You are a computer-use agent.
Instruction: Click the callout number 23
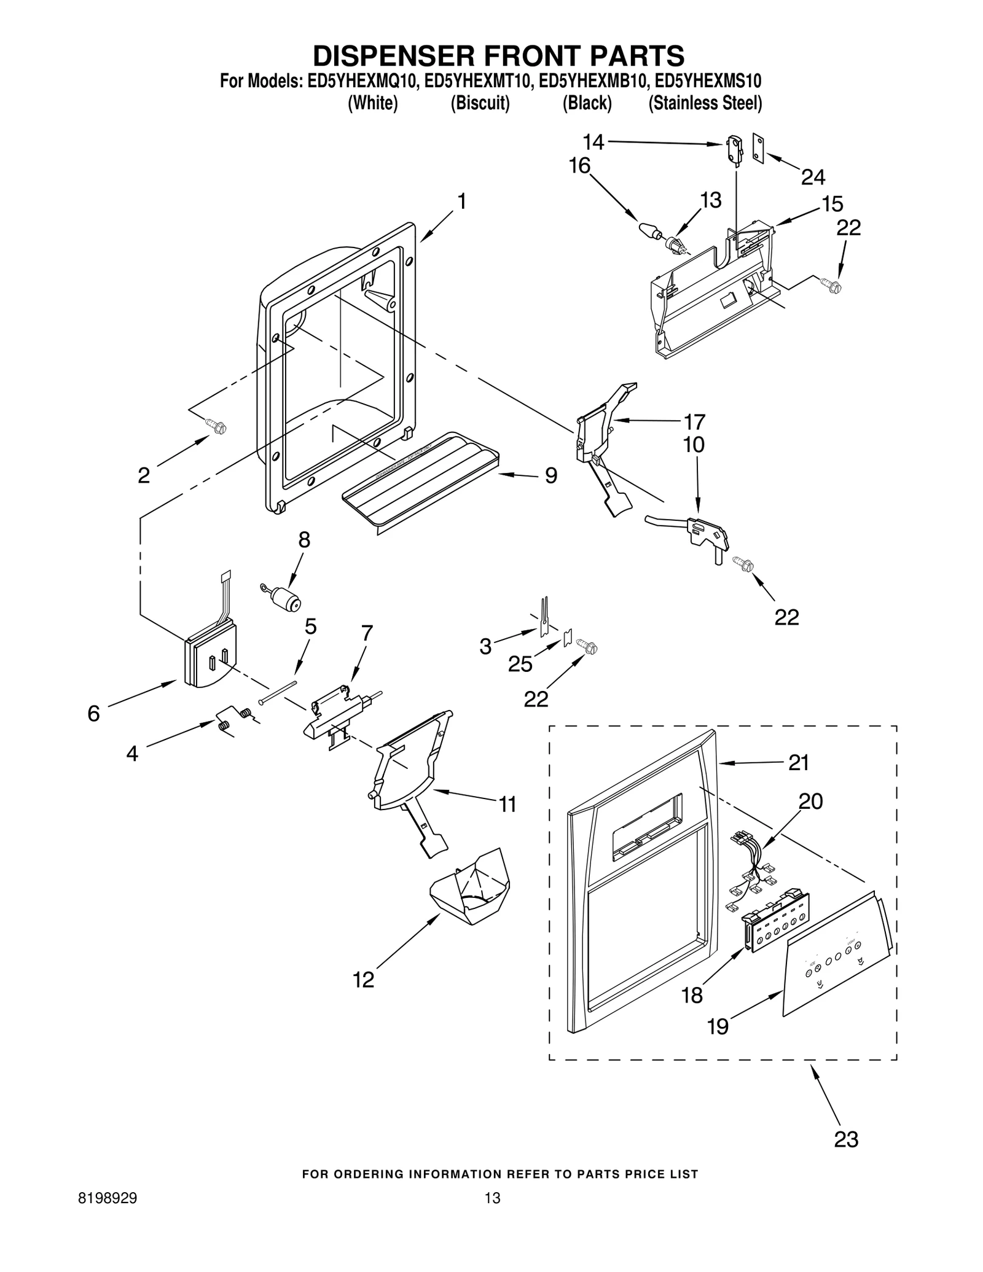coord(845,1139)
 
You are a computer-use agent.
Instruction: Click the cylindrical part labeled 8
coord(285,597)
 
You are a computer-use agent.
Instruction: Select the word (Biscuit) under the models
coord(480,103)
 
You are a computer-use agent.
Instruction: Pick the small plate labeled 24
coord(759,149)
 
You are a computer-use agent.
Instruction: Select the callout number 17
coord(694,422)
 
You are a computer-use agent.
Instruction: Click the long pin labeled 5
coord(278,692)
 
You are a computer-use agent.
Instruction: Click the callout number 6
coord(93,713)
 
